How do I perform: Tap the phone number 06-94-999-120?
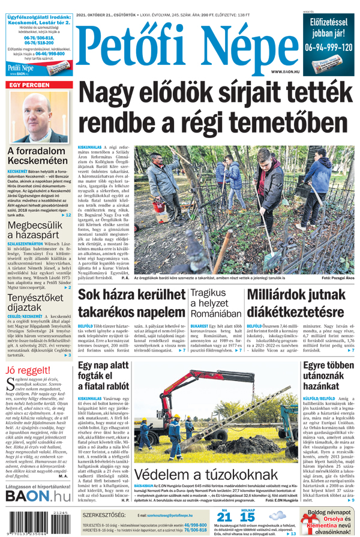[x=328, y=46]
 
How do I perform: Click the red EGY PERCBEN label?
[x=28, y=85]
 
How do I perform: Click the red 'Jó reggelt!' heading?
[x=28, y=370]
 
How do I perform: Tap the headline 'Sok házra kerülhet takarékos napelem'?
[x=131, y=304]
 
